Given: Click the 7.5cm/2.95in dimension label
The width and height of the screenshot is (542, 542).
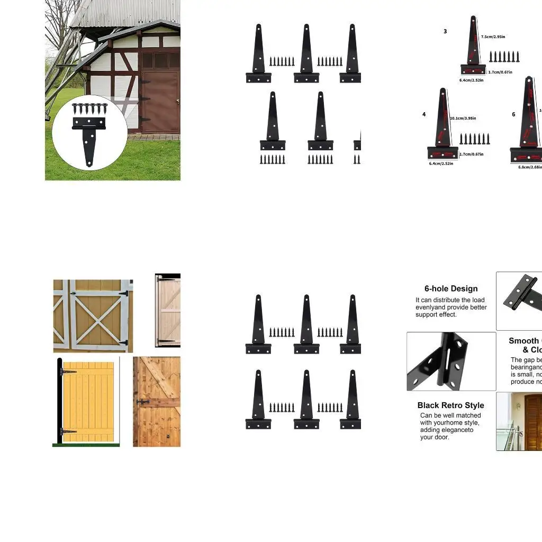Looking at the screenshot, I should pyautogui.click(x=493, y=37).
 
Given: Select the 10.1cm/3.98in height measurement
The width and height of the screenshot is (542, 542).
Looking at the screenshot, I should pyautogui.click(x=463, y=119).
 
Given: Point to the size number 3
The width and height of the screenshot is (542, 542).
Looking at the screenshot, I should pyautogui.click(x=445, y=32).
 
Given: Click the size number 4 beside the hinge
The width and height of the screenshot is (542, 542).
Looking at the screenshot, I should pyautogui.click(x=424, y=114).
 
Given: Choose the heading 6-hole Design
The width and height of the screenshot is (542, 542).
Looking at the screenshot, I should pyautogui.click(x=451, y=288).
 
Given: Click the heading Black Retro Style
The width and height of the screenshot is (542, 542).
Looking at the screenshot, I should pyautogui.click(x=451, y=405).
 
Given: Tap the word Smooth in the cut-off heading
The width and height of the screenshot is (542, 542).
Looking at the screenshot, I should pyautogui.click(x=523, y=341).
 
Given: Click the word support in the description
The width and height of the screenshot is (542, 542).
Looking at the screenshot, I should pyautogui.click(x=427, y=314).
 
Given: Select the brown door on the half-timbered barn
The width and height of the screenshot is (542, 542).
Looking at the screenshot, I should pyautogui.click(x=160, y=102).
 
